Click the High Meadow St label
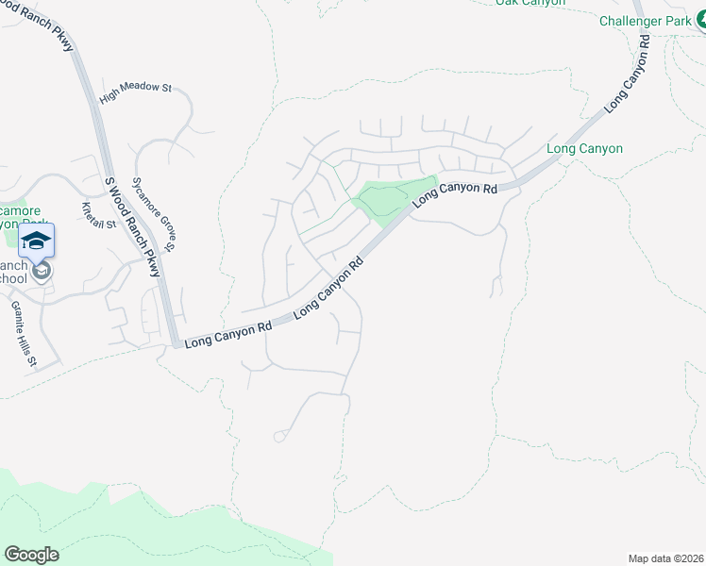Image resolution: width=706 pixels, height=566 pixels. tap(135, 88)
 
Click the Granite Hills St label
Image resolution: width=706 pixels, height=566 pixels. tap(23, 333)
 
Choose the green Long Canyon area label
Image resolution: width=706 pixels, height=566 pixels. tap(584, 148)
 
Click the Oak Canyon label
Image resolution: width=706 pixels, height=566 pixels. tap(530, 3)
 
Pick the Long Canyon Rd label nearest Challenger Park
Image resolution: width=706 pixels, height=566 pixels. tap(628, 75)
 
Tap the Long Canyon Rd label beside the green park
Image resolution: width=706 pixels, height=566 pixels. tap(455, 191)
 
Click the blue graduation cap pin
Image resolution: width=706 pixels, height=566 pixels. tap(36, 240)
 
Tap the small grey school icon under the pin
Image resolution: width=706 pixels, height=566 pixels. tap(41, 272)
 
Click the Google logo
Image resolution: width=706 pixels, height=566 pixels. tap(31, 555)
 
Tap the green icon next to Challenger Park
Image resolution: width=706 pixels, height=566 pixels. tap(700, 19)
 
